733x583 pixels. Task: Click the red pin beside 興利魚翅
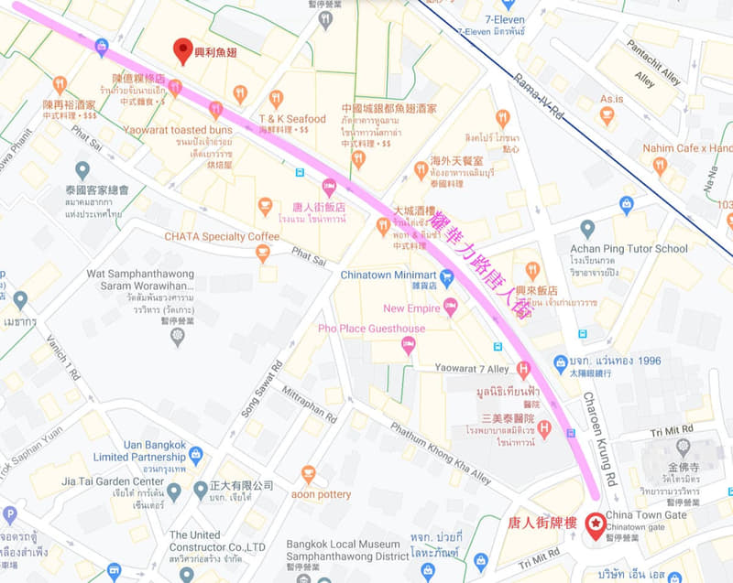point(183,49)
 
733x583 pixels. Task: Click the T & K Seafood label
point(291,119)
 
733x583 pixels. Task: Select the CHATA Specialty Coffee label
point(221,236)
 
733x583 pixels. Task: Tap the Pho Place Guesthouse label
point(371,329)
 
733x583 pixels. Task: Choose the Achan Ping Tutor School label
point(641,249)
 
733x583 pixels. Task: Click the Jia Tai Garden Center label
point(113,481)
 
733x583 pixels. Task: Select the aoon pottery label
point(321,494)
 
